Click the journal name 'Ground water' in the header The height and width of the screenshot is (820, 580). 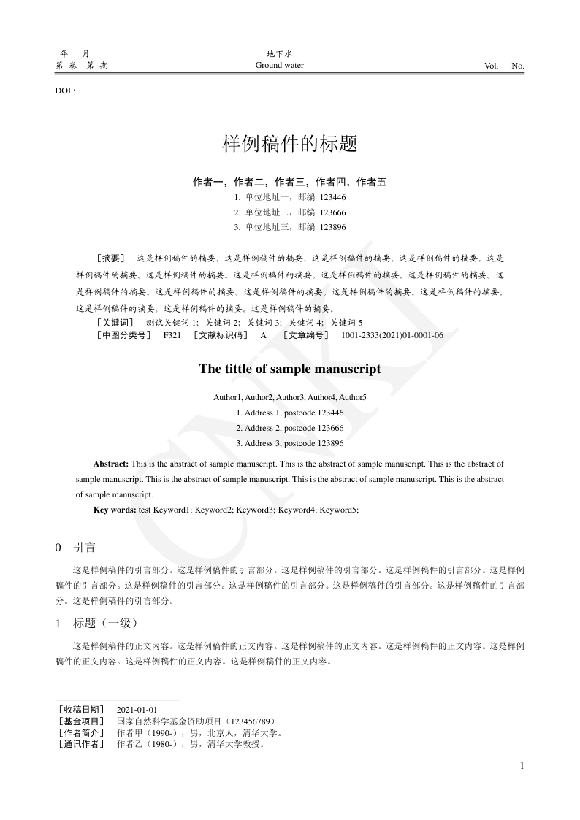click(279, 66)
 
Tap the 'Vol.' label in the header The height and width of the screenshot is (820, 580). click(491, 66)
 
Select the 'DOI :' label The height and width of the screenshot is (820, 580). click(65, 92)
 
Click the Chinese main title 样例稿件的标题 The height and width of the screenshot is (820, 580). click(289, 144)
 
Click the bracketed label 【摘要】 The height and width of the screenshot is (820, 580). click(110, 258)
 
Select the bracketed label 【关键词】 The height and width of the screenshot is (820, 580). click(115, 322)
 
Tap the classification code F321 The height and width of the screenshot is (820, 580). click(172, 335)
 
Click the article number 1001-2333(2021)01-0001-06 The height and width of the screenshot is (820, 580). click(392, 335)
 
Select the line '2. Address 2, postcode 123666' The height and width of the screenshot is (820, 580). click(290, 428)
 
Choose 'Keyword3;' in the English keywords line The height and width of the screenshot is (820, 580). click(255, 510)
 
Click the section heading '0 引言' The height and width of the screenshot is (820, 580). click(75, 547)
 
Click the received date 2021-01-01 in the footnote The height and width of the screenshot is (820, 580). click(137, 710)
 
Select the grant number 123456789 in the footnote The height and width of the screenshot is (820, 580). click(246, 721)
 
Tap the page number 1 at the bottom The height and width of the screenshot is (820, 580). click(522, 765)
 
